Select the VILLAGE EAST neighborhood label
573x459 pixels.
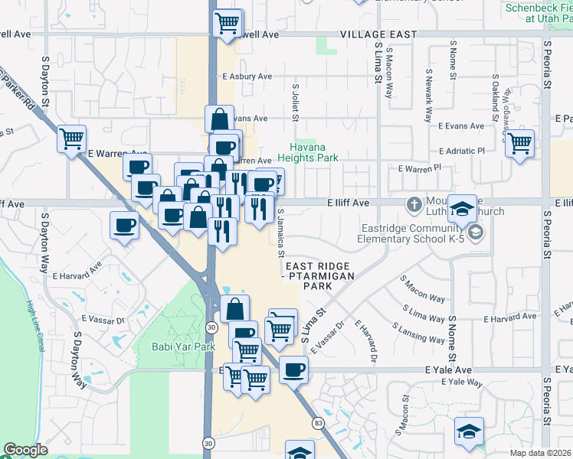378,34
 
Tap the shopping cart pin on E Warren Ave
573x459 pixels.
71,140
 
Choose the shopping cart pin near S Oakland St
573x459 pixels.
519,143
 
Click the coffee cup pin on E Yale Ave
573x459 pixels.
293,371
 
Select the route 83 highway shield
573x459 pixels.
316,422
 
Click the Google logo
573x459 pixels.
25,450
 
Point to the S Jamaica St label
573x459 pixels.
281,233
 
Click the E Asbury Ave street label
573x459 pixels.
247,76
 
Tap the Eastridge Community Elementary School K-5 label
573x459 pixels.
414,233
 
